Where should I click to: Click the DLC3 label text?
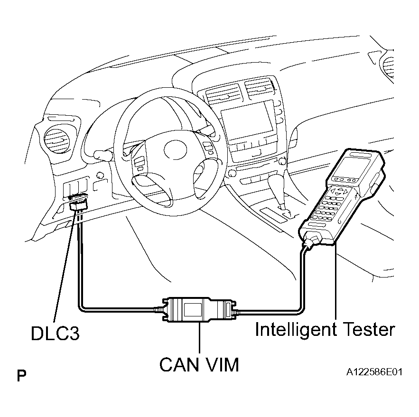point(55,333)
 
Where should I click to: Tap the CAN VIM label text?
point(199,364)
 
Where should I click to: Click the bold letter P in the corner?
point(21,377)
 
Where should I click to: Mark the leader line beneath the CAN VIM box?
point(199,339)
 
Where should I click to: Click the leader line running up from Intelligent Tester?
point(336,285)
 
